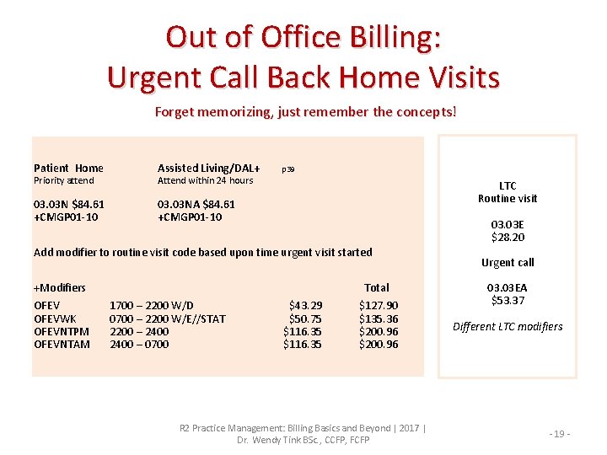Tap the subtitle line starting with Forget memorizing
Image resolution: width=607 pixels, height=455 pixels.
click(x=305, y=111)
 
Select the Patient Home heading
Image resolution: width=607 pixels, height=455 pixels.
click(x=68, y=168)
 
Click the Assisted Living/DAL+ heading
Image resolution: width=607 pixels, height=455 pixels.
click(x=209, y=168)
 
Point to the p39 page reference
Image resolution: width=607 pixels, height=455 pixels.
click(x=287, y=169)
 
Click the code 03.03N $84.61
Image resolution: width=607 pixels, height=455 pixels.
click(x=69, y=204)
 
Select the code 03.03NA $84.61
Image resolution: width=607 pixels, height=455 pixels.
click(x=196, y=204)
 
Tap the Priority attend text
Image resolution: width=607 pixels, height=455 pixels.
click(x=64, y=180)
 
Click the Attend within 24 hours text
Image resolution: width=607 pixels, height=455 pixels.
click(x=205, y=180)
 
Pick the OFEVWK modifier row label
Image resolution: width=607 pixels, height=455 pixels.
click(x=55, y=318)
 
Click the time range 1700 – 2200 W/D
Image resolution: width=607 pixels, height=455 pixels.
click(x=152, y=305)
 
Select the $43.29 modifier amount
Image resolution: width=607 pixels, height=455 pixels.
click(x=305, y=305)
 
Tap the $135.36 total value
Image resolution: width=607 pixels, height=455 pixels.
click(x=379, y=318)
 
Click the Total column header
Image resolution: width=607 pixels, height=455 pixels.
click(x=377, y=287)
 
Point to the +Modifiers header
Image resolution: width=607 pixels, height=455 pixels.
click(x=59, y=287)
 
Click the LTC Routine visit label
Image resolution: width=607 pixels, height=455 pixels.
click(x=508, y=192)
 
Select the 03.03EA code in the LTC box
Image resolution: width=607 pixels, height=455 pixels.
click(x=508, y=287)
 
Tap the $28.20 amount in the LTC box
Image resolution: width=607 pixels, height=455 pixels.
click(x=508, y=238)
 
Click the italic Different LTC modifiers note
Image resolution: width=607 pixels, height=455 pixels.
click(x=508, y=327)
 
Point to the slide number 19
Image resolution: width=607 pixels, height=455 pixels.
click(x=561, y=433)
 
